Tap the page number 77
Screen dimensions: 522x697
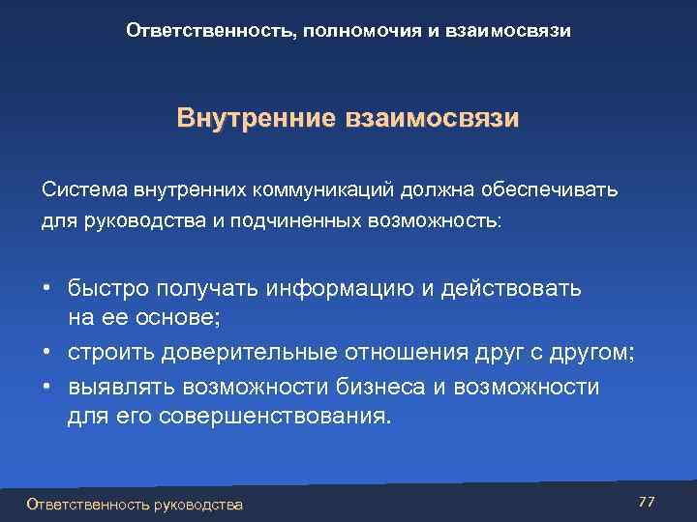[x=647, y=501]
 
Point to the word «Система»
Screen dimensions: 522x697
[x=80, y=188]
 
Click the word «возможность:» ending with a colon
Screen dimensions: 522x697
[x=435, y=220]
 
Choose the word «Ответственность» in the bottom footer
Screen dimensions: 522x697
[x=86, y=505]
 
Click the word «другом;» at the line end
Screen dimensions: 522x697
[x=590, y=355]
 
